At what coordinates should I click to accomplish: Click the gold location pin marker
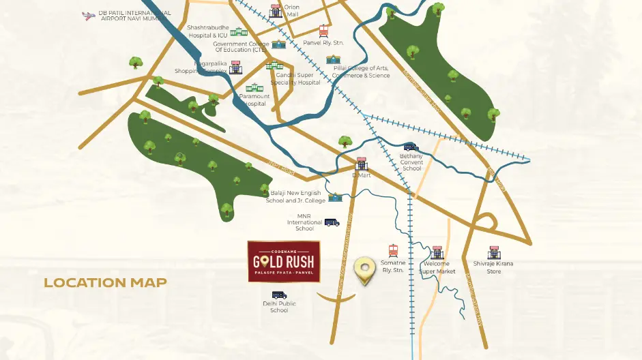point(365,271)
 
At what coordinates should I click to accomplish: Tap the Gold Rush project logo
point(283,262)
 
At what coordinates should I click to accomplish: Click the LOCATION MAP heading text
point(105,282)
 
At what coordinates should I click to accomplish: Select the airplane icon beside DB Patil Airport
point(87,15)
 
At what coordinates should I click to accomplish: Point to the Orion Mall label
point(292,10)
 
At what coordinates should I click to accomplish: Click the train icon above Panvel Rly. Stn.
point(324,31)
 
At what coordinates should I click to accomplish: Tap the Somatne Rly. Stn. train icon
point(393,251)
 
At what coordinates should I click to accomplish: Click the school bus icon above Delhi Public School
point(279,295)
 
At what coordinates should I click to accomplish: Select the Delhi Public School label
point(279,307)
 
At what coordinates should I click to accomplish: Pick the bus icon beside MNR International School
point(332,222)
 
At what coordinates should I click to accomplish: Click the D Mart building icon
point(361,164)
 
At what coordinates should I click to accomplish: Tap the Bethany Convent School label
point(411,162)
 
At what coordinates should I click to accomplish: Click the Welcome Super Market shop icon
point(437,252)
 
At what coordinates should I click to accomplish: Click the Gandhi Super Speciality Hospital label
point(295,78)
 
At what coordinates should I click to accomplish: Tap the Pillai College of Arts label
point(361,72)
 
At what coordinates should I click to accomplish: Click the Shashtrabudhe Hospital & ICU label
point(207,31)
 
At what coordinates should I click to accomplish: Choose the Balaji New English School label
point(295,196)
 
